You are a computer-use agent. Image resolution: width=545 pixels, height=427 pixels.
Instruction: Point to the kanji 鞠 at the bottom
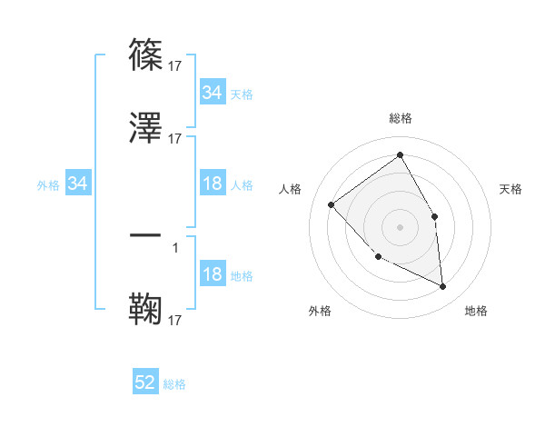pyautogui.click(x=145, y=309)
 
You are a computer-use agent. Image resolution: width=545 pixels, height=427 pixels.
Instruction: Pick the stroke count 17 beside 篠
pyautogui.click(x=175, y=66)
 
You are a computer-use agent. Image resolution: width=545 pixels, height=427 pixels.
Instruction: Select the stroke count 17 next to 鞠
pyautogui.click(x=175, y=321)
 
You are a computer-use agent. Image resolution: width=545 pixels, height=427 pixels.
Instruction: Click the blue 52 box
pyautogui.click(x=145, y=382)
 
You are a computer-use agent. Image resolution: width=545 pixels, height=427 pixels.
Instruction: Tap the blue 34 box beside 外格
pyautogui.click(x=78, y=184)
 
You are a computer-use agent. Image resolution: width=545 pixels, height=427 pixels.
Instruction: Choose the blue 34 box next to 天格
pyautogui.click(x=212, y=93)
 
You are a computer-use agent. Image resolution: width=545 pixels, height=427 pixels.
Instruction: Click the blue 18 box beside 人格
pyautogui.click(x=212, y=184)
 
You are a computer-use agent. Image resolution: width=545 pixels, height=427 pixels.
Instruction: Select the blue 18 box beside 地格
pyautogui.click(x=212, y=275)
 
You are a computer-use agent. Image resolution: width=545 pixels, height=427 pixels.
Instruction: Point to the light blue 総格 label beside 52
pyautogui.click(x=175, y=384)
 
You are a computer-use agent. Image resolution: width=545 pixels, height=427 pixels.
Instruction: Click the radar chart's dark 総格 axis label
pyautogui.click(x=401, y=118)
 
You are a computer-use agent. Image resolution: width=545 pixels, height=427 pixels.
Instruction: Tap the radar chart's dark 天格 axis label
pyautogui.click(x=511, y=189)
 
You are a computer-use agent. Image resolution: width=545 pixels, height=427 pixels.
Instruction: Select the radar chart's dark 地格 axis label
pyautogui.click(x=476, y=311)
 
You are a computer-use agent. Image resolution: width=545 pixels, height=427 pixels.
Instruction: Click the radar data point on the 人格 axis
pyautogui.click(x=332, y=204)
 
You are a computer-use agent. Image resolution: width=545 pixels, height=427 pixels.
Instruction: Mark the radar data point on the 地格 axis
pyautogui.click(x=443, y=287)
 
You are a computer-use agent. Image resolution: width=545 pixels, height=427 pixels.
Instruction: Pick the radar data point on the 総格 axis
pyautogui.click(x=401, y=154)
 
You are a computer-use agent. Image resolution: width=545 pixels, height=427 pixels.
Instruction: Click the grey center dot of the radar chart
pyautogui.click(x=401, y=226)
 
